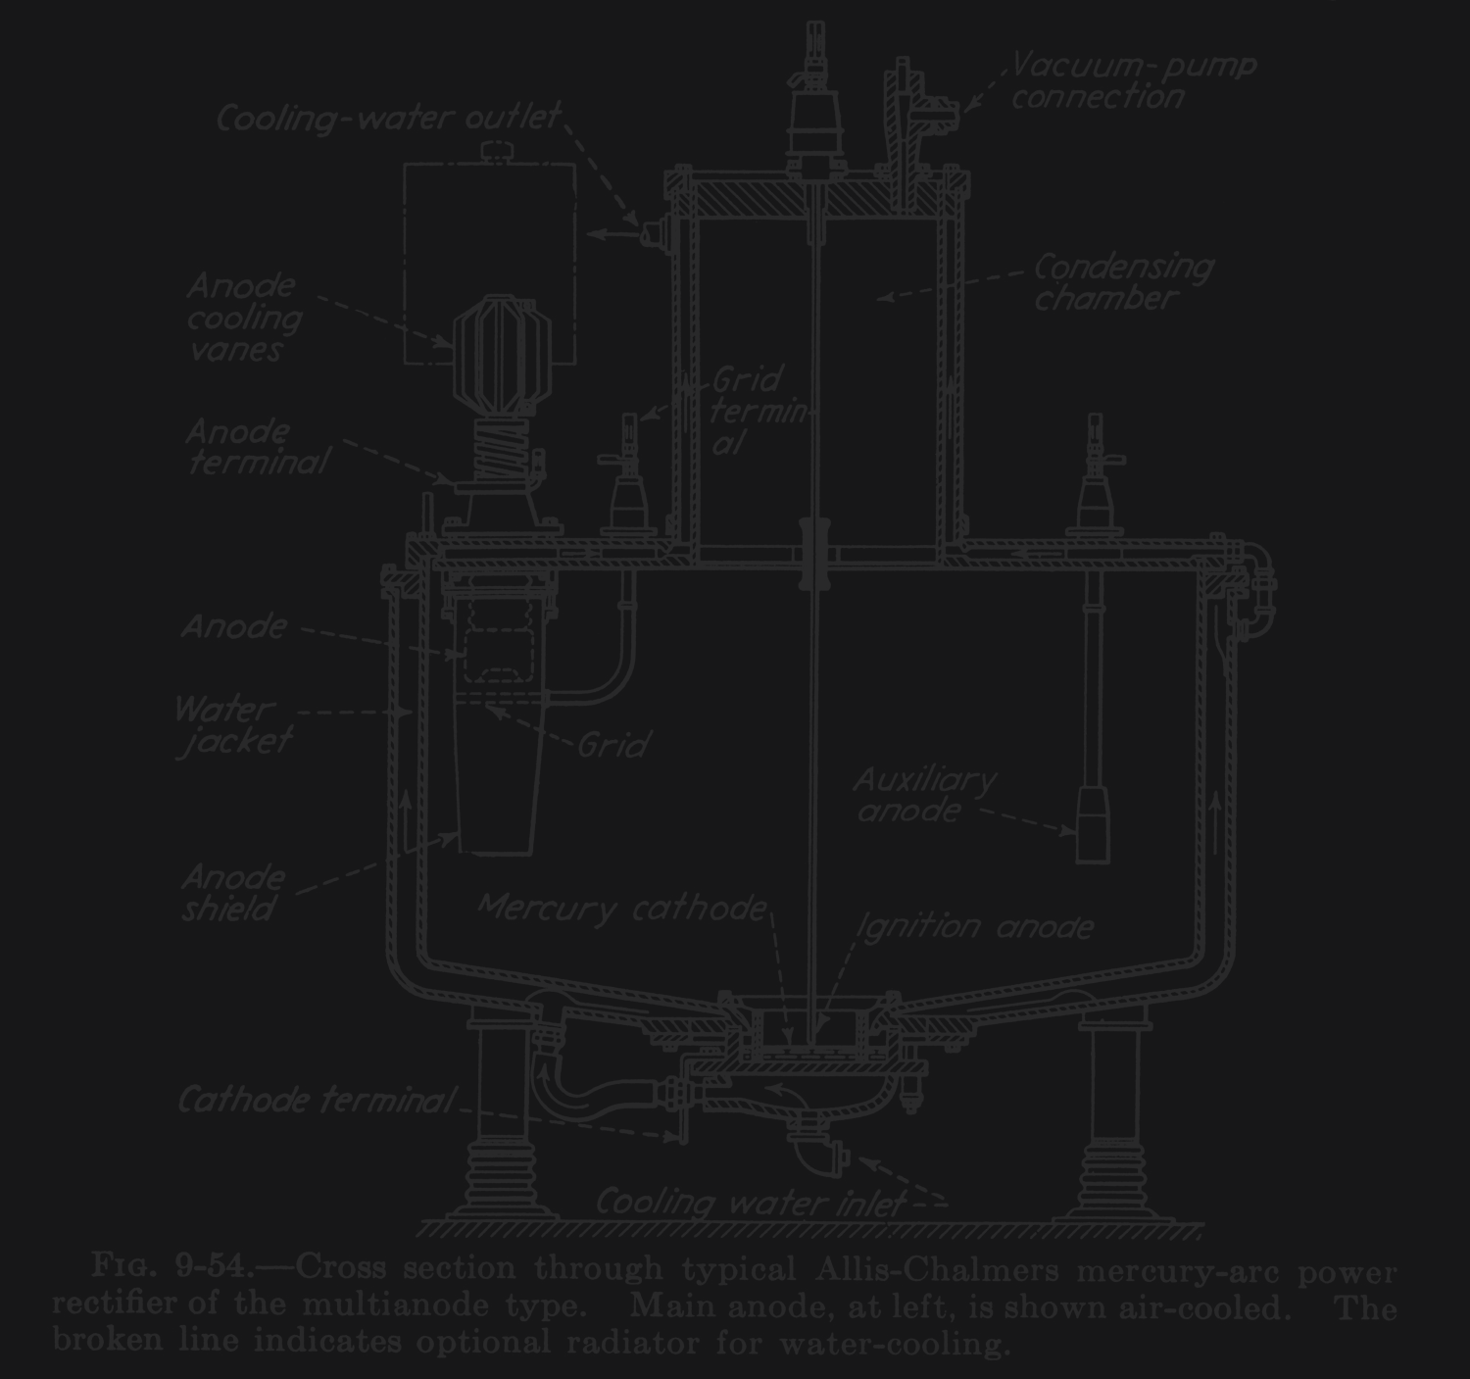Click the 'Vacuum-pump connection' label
click(1132, 81)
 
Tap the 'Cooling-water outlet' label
click(388, 119)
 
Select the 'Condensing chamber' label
click(1122, 282)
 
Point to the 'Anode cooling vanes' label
click(244, 318)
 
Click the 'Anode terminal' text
click(257, 447)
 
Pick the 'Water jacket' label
click(231, 725)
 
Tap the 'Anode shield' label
click(231, 893)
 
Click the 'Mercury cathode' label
click(621, 909)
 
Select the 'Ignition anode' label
click(974, 926)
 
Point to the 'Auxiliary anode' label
click(923, 795)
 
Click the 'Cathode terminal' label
click(316, 1101)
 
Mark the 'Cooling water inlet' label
click(750, 1203)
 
